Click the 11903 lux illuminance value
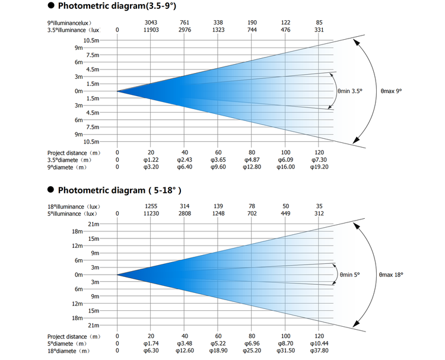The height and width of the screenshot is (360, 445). coord(151,30)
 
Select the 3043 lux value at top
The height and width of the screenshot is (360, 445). coord(151,23)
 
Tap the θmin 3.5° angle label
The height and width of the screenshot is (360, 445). coord(350,91)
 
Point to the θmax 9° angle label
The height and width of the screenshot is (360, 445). coord(392,91)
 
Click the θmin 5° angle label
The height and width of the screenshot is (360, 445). coord(349,275)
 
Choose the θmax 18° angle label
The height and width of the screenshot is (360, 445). coord(391,275)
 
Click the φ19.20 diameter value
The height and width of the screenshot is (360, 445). coord(319,167)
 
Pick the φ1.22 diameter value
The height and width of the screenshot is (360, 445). coord(151,160)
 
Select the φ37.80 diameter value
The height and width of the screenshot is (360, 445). coord(319,351)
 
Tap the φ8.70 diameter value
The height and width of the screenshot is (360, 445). coord(285,343)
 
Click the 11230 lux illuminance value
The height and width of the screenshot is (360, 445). coord(151,214)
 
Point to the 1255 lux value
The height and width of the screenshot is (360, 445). coord(151,206)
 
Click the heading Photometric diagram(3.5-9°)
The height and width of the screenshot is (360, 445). coord(117,6)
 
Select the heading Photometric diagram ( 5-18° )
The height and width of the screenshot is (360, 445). coord(119,190)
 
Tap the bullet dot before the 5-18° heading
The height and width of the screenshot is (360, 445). coord(51,190)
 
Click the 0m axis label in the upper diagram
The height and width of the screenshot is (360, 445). coord(78,91)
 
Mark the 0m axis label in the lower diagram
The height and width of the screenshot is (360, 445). coord(78,275)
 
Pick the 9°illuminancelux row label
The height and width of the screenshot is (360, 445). coord(69,23)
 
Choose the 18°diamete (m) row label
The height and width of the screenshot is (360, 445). coord(68,351)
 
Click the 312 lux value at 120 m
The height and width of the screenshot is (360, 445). coord(319,214)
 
